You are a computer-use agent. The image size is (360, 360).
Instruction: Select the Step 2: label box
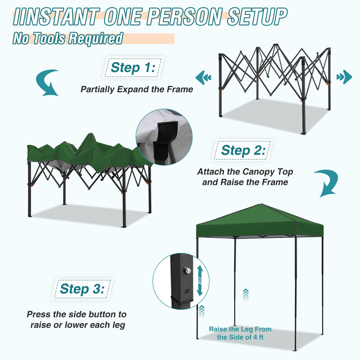pos(243,150)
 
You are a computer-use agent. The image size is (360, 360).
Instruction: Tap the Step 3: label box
pos(82,289)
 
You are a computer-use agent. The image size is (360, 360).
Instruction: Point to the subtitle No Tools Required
pos(68,39)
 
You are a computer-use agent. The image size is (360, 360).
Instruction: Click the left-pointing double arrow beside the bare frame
pos(203,77)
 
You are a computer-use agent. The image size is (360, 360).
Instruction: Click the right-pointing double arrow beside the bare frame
pos(344,77)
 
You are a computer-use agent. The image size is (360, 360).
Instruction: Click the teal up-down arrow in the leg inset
pos(200,281)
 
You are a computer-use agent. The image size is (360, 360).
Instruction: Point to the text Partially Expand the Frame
pos(137,89)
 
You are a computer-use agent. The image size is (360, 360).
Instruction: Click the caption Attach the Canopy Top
pos(245,172)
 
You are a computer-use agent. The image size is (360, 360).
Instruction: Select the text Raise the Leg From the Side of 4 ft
pos(240,333)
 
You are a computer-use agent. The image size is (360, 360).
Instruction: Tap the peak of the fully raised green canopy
pos(261,205)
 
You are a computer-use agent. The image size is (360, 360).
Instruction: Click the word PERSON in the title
pos(184,17)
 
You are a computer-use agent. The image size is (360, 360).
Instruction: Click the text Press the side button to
pos(77,314)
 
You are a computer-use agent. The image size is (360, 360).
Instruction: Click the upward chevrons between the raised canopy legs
pos(246,295)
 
